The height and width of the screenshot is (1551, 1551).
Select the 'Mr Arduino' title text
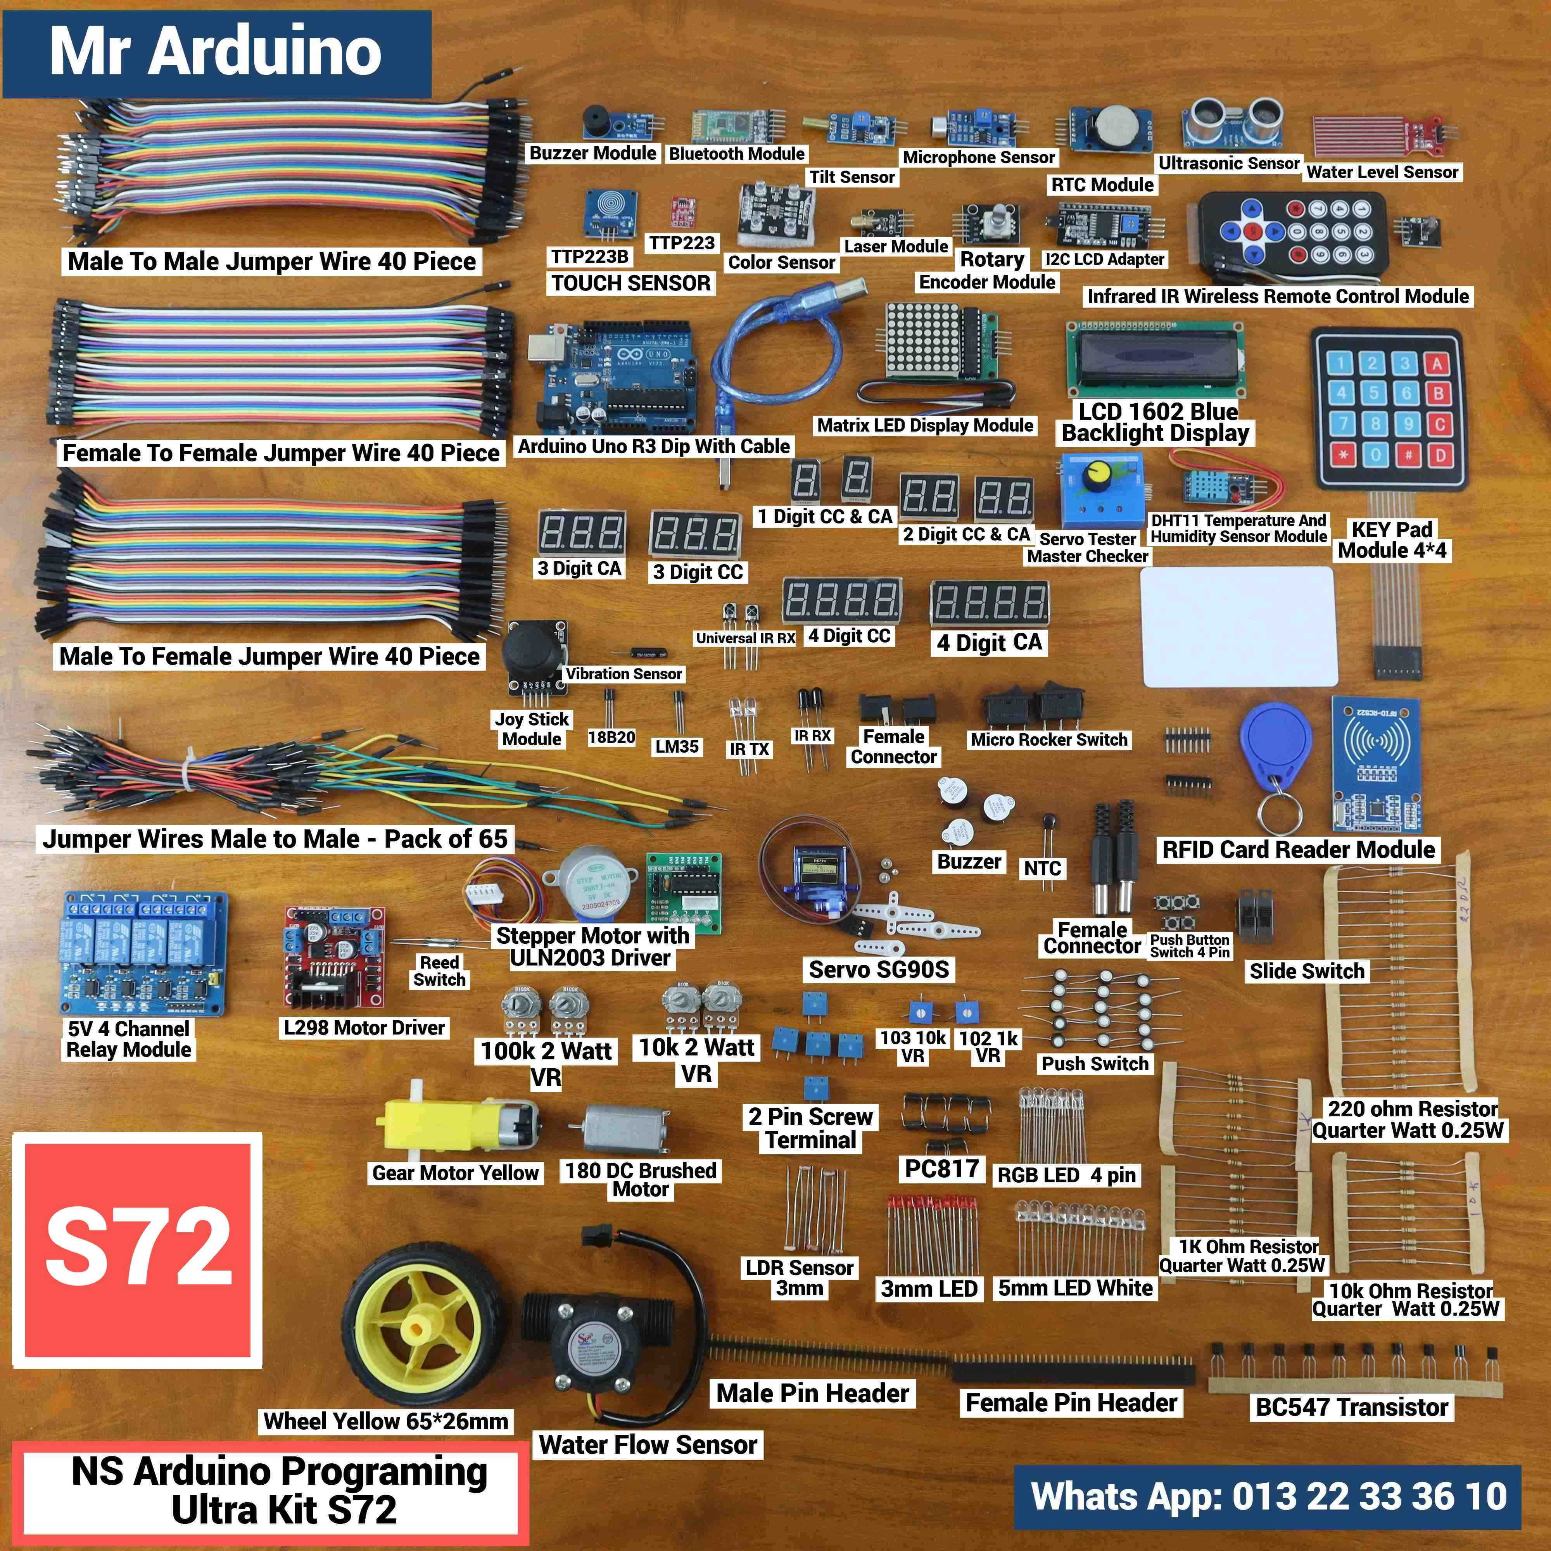pos(215,52)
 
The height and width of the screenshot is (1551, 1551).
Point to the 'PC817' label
pos(942,1168)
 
